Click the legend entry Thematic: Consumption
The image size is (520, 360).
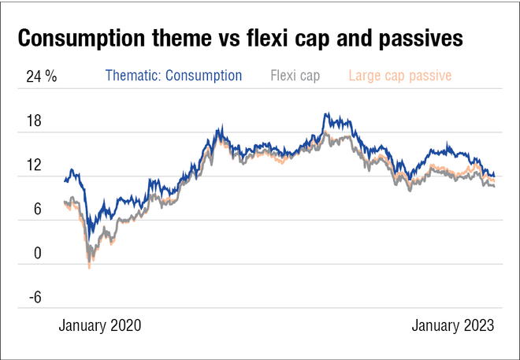pos(173,76)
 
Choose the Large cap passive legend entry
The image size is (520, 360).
pos(399,76)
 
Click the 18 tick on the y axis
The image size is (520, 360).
pos(33,123)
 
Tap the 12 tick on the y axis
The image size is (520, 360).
pos(33,166)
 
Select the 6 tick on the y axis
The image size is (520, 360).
pos(36,210)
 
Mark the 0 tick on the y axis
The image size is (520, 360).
pos(36,254)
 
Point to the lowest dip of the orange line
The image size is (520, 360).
pos(89,268)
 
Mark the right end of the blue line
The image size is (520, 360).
pos(495,176)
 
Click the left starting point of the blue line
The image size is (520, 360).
pos(65,181)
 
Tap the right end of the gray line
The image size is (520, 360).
pos(495,186)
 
